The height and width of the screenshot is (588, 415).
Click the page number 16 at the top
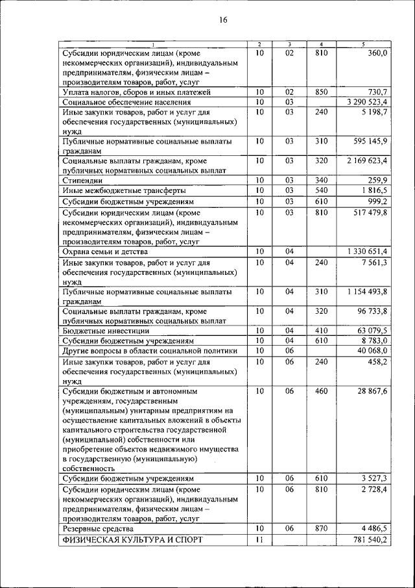pyautogui.click(x=223, y=20)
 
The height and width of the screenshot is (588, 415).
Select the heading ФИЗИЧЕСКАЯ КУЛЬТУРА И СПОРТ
pyautogui.click(x=132, y=540)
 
